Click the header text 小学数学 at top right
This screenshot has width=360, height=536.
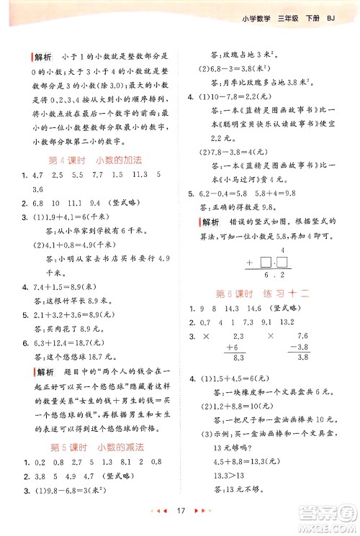tap(255, 18)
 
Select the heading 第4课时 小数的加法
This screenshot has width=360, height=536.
tap(94, 160)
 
